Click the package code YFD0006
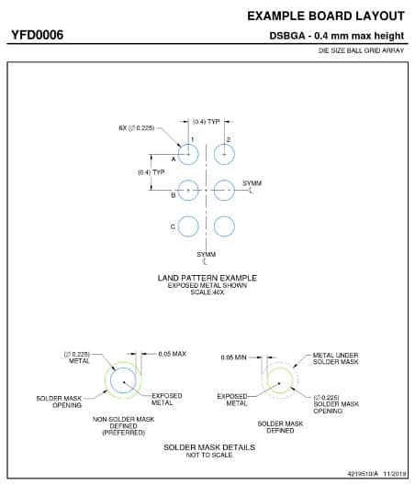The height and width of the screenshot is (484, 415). [x=38, y=35]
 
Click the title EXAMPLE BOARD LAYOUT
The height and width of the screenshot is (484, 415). [x=326, y=16]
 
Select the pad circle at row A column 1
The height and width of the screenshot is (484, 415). [x=178, y=154]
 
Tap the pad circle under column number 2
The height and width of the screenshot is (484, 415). [x=214, y=154]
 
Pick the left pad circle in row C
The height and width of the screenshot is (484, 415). [x=178, y=226]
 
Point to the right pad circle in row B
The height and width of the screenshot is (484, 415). [x=214, y=190]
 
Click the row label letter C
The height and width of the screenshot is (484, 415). [x=173, y=227]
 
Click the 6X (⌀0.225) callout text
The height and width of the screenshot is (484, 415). [x=137, y=127]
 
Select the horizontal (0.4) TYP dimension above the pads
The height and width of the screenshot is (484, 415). [x=207, y=122]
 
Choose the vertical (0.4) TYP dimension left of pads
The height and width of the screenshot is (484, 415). [x=151, y=172]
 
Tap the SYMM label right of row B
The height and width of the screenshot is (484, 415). [x=252, y=183]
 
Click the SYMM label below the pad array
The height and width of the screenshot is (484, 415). [x=207, y=255]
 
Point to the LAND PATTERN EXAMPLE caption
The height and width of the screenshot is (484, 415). [x=207, y=278]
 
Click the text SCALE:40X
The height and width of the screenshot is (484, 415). [x=207, y=292]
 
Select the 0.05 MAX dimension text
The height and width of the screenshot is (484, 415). [x=173, y=354]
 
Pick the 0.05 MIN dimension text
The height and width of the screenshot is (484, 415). [x=234, y=357]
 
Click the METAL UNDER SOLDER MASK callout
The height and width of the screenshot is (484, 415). [x=335, y=358]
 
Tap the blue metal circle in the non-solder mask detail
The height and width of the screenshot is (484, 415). [x=111, y=380]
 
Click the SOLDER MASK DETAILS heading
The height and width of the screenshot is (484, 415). [x=209, y=447]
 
